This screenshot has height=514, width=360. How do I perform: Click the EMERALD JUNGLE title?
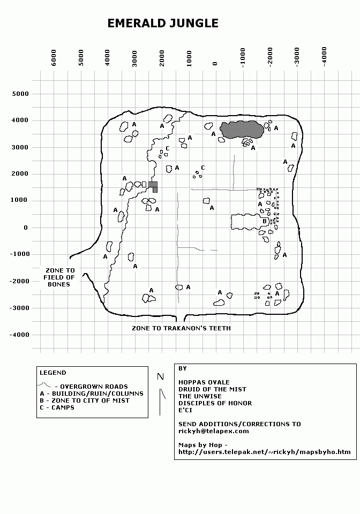pos(163,23)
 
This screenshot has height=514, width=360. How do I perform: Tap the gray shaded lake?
pos(242,130)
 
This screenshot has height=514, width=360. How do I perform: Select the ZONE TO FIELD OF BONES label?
pos(59,277)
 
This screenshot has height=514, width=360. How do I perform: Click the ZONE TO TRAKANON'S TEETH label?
pos(181,328)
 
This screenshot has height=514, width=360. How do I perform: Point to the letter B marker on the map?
pos(265,221)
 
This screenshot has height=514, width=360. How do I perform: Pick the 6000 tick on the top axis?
pos(54,58)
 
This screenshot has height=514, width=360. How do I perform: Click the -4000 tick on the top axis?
pos(324,57)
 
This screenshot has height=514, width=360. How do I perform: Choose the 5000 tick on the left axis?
pos(20,94)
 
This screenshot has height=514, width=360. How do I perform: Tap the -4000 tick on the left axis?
pos(19,335)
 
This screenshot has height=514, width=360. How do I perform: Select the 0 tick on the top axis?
pos(215,64)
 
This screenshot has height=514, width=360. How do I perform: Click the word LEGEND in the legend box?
pos(53,373)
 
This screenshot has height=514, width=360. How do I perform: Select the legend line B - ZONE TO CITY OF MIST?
pos(85,400)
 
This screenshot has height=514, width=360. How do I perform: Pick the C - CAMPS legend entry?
pos(57,407)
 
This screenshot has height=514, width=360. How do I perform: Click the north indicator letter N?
pos(160,376)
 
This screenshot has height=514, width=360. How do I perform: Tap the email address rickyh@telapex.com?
pos(213,431)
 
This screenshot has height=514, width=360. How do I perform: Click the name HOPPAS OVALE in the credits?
pos(204,382)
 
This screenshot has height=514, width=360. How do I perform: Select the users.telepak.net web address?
pos(264,452)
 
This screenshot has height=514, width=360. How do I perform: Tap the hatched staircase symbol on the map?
pos(153,186)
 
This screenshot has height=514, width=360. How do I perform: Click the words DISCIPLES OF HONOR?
pos(215,403)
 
